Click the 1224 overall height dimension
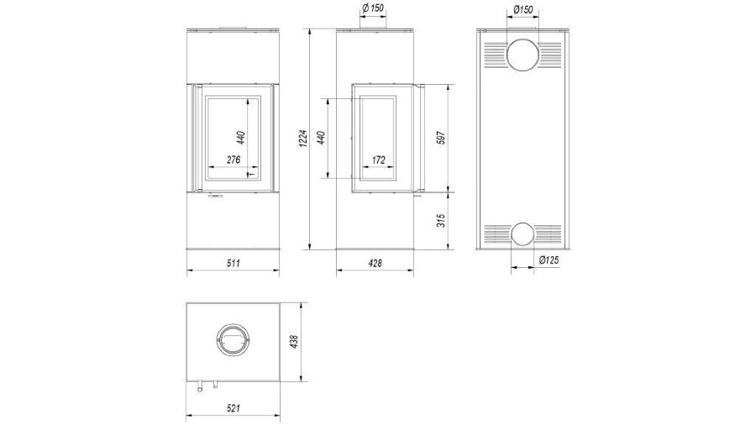[302, 139]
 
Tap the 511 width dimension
[233, 263]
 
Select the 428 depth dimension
[375, 263]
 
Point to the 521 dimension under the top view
[233, 408]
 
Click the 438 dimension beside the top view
[295, 342]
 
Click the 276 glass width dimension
[234, 160]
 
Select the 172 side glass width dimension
[379, 160]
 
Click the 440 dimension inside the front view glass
[242, 138]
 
